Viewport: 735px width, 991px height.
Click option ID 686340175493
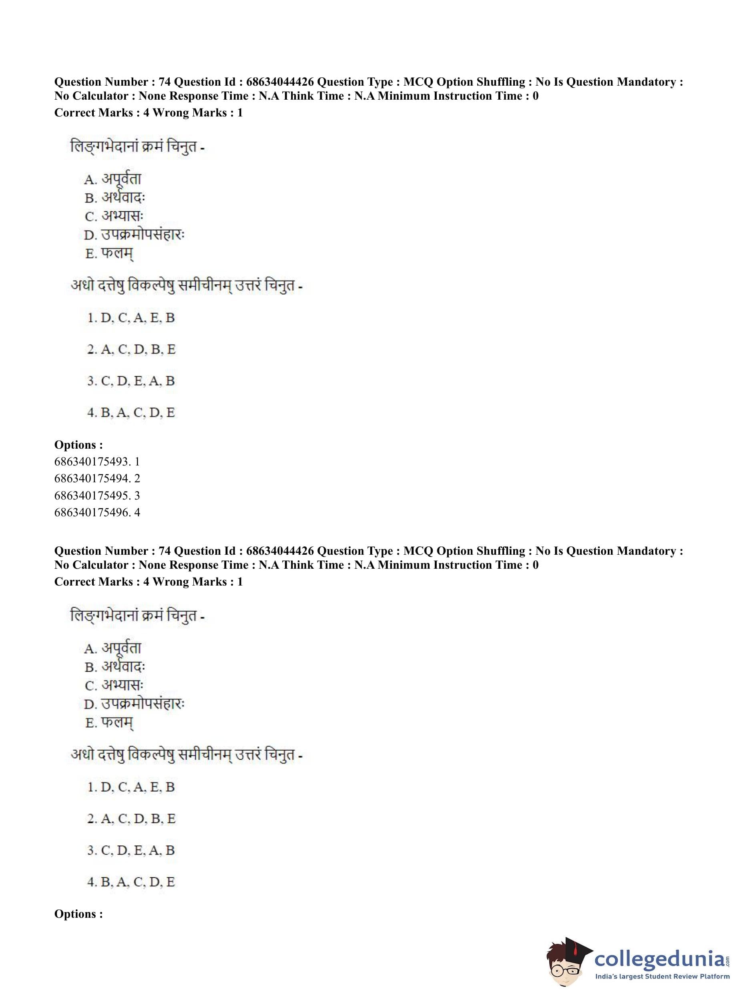tap(97, 462)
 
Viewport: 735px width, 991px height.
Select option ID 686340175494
tap(97, 479)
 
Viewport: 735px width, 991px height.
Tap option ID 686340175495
tap(97, 495)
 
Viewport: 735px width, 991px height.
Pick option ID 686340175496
tap(97, 512)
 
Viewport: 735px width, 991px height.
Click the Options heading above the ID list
tap(78, 445)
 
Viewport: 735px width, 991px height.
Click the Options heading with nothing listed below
tap(78, 914)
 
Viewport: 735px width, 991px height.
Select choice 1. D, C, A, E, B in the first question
tap(131, 318)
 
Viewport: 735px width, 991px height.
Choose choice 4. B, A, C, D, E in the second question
tap(131, 882)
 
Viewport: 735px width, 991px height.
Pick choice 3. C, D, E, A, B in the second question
tap(131, 851)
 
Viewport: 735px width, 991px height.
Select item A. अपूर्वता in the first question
tap(112, 179)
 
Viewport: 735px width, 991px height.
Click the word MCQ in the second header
tap(418, 551)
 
